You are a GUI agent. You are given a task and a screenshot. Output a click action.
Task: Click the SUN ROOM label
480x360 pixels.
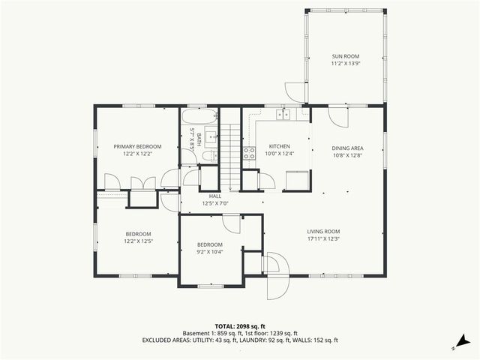tap(346, 57)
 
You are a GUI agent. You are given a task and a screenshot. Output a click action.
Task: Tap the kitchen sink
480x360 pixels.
tap(283, 115)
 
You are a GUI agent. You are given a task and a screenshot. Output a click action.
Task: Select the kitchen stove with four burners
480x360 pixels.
tap(248, 153)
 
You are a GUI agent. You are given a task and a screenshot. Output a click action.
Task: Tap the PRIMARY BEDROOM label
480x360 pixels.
tap(137, 146)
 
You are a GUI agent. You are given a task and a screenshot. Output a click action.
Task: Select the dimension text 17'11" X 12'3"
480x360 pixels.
tap(323, 238)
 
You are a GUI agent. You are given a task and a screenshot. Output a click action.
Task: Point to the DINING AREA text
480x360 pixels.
tap(347, 148)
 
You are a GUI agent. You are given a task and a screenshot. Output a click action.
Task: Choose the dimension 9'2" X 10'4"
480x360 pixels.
tap(210, 252)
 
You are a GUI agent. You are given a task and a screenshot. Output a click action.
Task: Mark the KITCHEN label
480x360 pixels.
tap(278, 146)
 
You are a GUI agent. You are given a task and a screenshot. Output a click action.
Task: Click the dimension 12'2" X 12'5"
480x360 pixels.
tap(137, 241)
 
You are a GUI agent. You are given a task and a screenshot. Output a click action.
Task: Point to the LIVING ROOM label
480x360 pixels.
tap(323, 231)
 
